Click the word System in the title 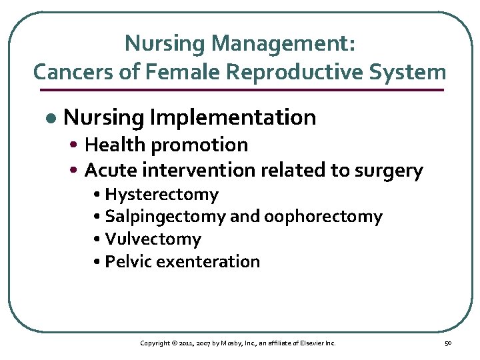(407, 71)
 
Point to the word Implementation (233, 117)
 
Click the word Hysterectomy (162, 195)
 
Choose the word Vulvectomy (153, 239)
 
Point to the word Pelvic (128, 261)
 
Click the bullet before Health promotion (77, 145)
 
